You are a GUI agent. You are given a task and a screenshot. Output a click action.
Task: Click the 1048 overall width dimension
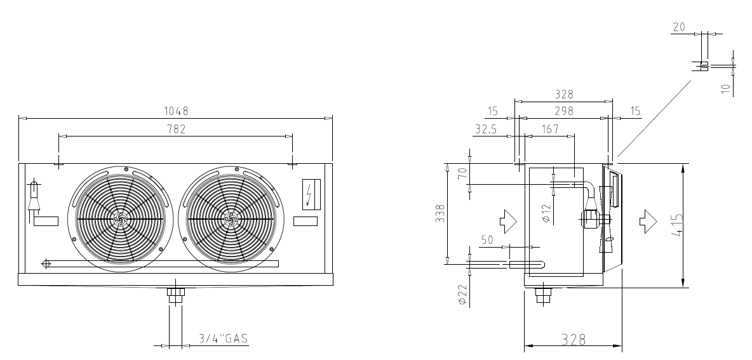(x=176, y=111)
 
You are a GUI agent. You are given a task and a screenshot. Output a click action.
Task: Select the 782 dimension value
(x=176, y=129)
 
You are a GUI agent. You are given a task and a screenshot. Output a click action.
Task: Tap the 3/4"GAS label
(x=224, y=338)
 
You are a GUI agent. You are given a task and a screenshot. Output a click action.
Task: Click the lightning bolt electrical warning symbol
(x=311, y=194)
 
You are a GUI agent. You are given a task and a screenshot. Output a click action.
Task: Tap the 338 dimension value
(x=440, y=213)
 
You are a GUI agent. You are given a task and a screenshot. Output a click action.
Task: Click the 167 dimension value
(x=549, y=129)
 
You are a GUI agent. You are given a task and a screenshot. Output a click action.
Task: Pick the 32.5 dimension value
(x=486, y=129)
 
